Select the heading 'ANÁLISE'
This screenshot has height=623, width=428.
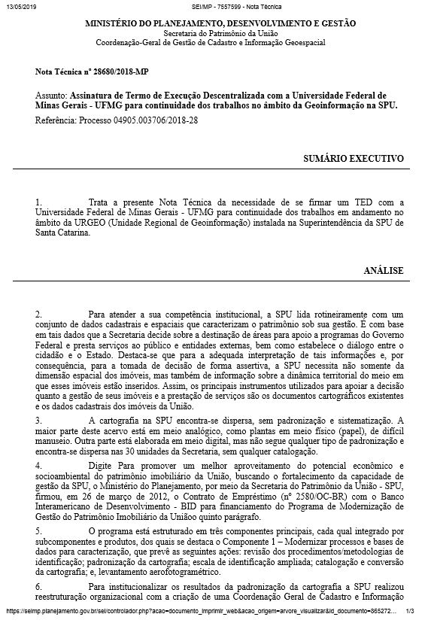point(384,270)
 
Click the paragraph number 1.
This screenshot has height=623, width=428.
point(38,202)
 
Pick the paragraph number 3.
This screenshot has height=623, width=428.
point(38,418)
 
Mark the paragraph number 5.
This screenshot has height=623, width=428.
point(38,530)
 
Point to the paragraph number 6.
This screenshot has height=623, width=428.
point(38,585)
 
